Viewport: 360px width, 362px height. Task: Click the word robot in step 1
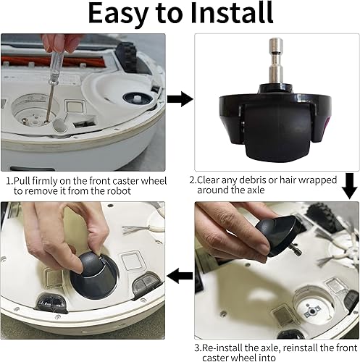click(136, 190)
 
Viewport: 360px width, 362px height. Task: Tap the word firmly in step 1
click(57, 180)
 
